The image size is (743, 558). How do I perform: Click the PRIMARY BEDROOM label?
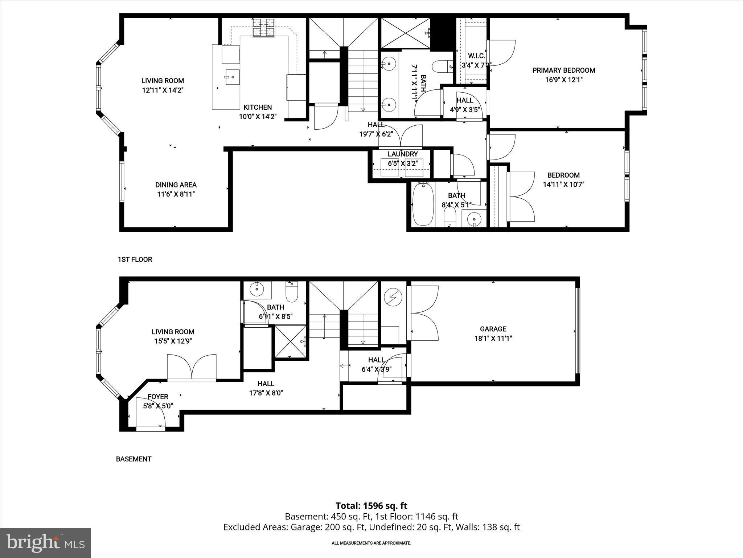click(563, 70)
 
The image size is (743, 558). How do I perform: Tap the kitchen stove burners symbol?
click(264, 28)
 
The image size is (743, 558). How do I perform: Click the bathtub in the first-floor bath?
click(423, 205)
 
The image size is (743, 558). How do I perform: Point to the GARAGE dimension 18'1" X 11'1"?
click(493, 339)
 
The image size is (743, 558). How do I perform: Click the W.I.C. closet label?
click(476, 56)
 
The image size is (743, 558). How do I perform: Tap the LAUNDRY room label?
click(402, 154)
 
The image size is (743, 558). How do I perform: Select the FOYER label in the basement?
click(158, 397)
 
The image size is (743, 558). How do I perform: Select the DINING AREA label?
click(176, 185)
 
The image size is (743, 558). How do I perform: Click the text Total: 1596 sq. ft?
click(371, 506)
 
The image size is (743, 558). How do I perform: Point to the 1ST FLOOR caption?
click(135, 259)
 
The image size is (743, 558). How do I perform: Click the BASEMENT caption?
click(134, 459)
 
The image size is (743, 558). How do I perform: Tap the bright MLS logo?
click(45, 543)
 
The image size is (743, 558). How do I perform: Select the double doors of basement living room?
click(192, 368)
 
